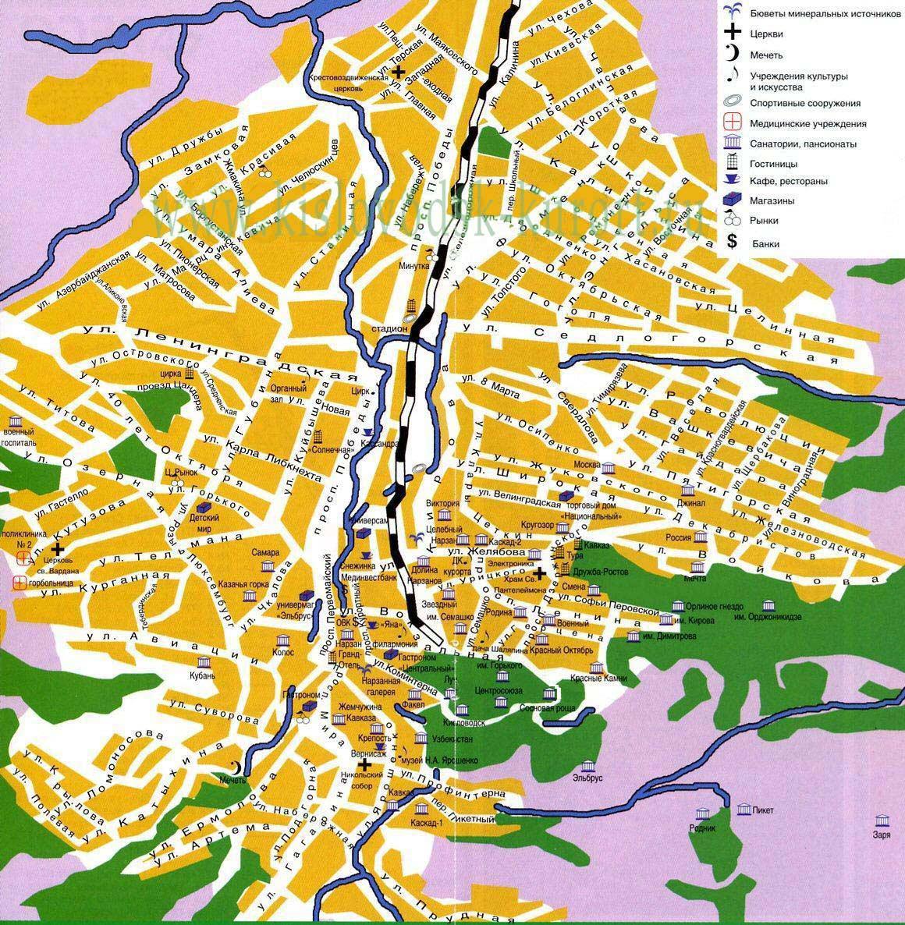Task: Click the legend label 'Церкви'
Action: [x=767, y=34]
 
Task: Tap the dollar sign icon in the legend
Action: [x=732, y=242]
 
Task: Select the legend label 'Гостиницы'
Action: [x=774, y=165]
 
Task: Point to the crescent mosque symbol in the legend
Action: [x=732, y=54]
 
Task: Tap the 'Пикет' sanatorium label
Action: [x=764, y=810]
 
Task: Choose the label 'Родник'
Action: [x=702, y=828]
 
